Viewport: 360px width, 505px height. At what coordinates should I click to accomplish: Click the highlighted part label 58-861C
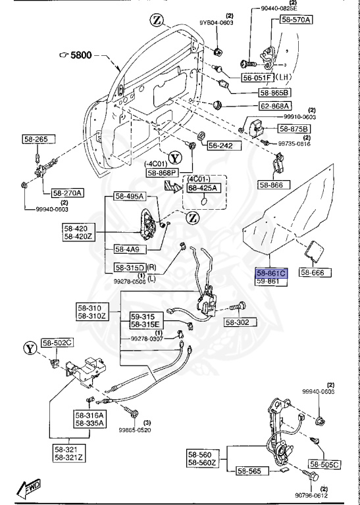272,272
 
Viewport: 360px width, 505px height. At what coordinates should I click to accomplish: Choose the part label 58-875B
296,129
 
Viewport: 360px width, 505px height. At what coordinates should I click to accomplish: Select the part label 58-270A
67,193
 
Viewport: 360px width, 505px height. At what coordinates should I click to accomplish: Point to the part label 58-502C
58,343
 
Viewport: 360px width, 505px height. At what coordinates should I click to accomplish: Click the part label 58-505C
324,465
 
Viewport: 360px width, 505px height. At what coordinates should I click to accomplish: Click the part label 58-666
315,272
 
